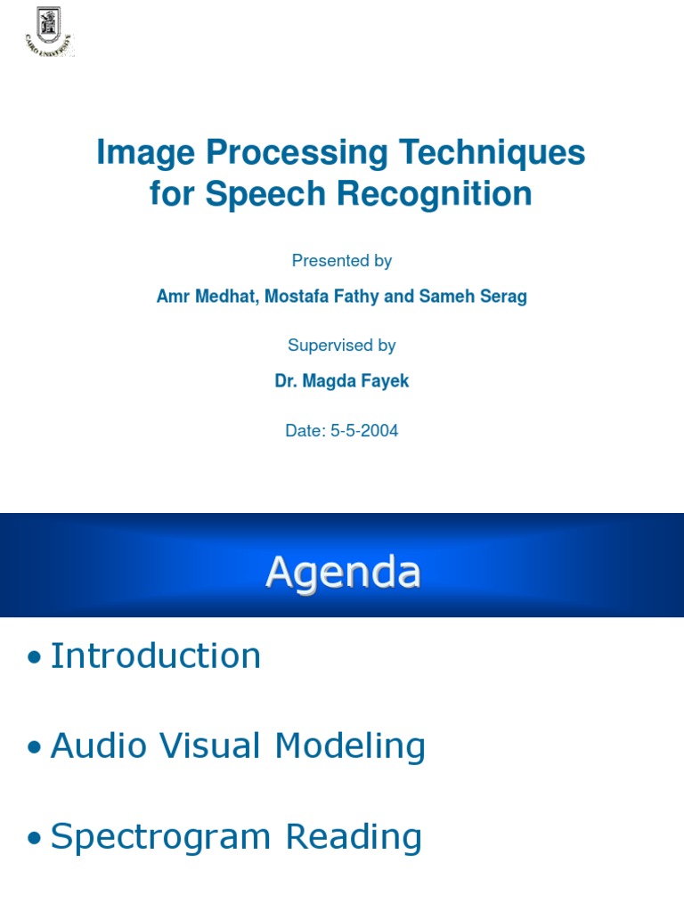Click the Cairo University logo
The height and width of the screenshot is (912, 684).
(49, 31)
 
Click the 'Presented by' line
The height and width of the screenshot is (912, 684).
(342, 261)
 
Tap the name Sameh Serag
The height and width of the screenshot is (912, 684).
(472, 297)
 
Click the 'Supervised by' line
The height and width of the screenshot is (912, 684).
(342, 346)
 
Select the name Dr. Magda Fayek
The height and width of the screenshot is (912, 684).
(342, 381)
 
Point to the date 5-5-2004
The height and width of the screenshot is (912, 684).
(364, 431)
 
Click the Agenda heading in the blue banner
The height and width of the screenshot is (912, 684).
(343, 572)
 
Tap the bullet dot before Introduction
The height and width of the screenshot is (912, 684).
(35, 658)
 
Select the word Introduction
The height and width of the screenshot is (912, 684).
(156, 656)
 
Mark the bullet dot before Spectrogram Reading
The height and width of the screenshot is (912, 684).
(35, 838)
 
